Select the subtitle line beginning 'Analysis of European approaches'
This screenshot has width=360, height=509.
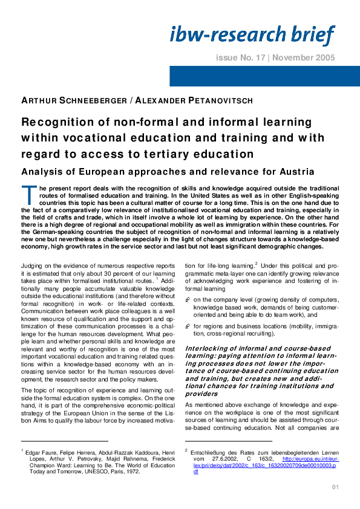click(x=168, y=171)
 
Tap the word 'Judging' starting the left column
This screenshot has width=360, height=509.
click(x=33, y=266)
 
